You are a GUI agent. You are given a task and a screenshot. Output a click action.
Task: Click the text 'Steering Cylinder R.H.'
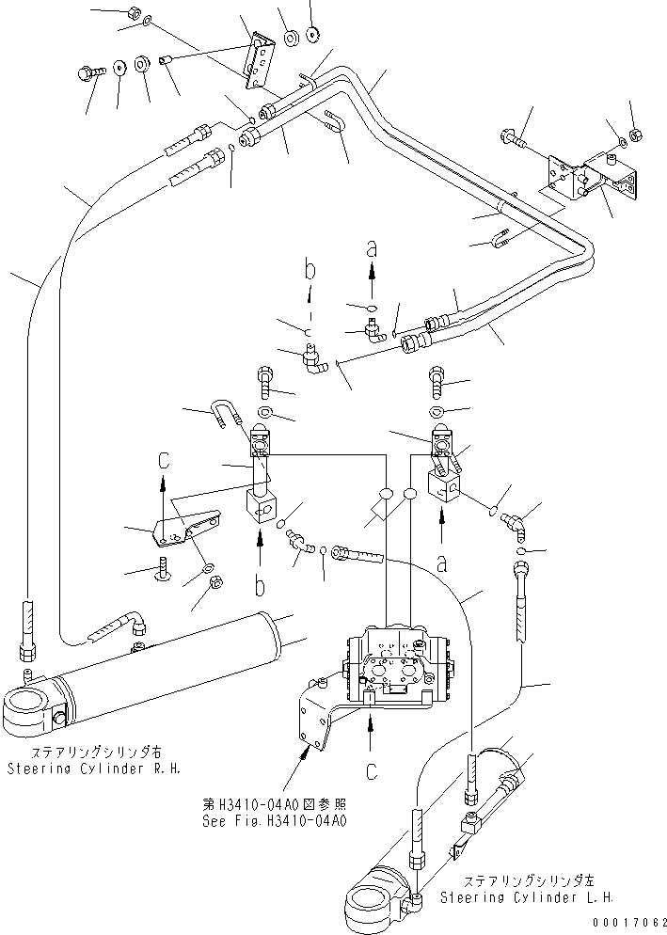(x=95, y=769)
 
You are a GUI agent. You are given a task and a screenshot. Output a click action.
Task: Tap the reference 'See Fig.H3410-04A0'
(x=276, y=818)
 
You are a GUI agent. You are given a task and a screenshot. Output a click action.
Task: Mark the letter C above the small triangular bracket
(x=163, y=462)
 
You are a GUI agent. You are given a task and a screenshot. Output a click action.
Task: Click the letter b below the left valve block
(x=261, y=586)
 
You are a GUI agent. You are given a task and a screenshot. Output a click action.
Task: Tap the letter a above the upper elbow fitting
(x=371, y=250)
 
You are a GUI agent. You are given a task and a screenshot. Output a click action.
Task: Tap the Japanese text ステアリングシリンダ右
(x=95, y=753)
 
